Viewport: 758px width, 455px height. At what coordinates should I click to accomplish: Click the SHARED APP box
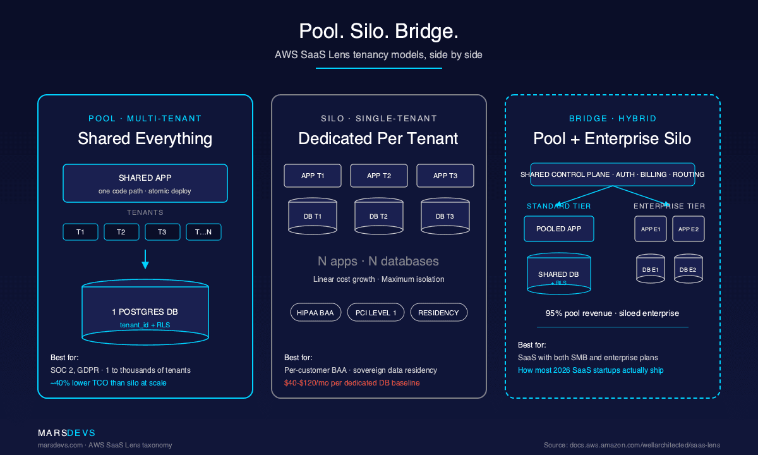(x=145, y=183)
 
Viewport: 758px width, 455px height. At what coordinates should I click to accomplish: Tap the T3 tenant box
(x=162, y=232)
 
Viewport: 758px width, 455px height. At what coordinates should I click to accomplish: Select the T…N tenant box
(x=203, y=232)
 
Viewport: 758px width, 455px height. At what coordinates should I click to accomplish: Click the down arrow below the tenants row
(x=145, y=259)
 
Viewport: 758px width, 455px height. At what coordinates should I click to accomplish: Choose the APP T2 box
(x=378, y=176)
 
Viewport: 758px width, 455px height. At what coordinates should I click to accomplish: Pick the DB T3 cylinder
(x=445, y=216)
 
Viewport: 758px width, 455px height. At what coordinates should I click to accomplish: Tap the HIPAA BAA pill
(x=316, y=312)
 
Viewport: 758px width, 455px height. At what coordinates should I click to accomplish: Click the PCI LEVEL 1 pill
(x=376, y=312)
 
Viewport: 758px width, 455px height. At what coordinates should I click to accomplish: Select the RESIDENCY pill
(x=439, y=312)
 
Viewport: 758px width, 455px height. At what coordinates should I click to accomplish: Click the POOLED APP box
(x=559, y=229)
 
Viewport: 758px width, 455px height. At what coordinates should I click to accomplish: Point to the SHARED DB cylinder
(x=559, y=274)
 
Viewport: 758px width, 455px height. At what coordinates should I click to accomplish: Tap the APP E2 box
(x=688, y=229)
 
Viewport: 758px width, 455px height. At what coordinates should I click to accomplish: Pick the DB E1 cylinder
(x=651, y=269)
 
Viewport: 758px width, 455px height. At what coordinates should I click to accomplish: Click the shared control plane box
(x=612, y=174)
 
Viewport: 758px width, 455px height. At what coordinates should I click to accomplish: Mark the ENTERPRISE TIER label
(x=669, y=206)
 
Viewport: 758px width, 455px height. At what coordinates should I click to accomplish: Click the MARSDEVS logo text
(x=66, y=433)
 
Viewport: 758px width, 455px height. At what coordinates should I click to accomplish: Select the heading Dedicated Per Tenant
(x=378, y=138)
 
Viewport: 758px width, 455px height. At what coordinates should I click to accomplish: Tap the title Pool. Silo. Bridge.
(x=378, y=32)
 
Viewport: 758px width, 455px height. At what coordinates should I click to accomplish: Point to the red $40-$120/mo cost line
(x=352, y=383)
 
